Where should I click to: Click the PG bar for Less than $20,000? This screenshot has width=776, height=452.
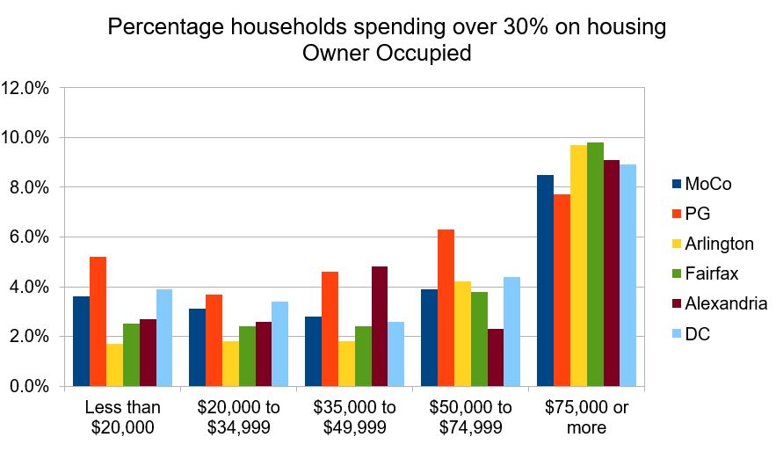pos(98,321)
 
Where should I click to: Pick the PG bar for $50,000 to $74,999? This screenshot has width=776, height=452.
pos(446,308)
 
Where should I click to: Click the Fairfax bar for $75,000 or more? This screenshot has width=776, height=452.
pos(596,264)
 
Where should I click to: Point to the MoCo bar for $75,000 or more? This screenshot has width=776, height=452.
pos(546,281)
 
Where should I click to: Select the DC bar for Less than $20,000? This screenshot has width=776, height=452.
pos(164,338)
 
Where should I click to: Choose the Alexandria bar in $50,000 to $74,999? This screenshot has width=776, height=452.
pos(496,357)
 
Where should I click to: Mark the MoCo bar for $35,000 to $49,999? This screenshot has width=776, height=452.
pos(313,351)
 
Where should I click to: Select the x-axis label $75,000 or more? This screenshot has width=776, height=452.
pos(586,417)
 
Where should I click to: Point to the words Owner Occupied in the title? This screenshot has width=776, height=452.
pos(387,53)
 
